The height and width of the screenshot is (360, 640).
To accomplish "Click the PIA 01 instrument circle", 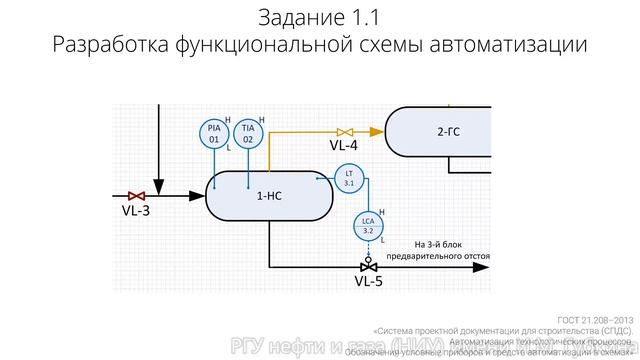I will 214,133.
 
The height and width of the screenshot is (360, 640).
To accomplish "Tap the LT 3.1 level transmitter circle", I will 349,179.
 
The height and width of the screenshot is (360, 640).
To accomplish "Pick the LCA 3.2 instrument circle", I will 367,225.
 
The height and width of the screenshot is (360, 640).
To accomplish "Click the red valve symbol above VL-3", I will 137,195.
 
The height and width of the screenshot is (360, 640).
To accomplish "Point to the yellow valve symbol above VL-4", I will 345,131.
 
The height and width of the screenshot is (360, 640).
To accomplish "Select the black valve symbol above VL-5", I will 368,266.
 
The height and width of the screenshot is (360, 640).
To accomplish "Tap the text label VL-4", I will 344,146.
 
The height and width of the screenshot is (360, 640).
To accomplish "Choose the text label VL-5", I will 369,282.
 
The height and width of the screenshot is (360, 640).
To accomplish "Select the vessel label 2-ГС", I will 449,130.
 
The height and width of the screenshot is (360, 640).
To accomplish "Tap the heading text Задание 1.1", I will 319,18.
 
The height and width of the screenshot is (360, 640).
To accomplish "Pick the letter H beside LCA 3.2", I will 385,211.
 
